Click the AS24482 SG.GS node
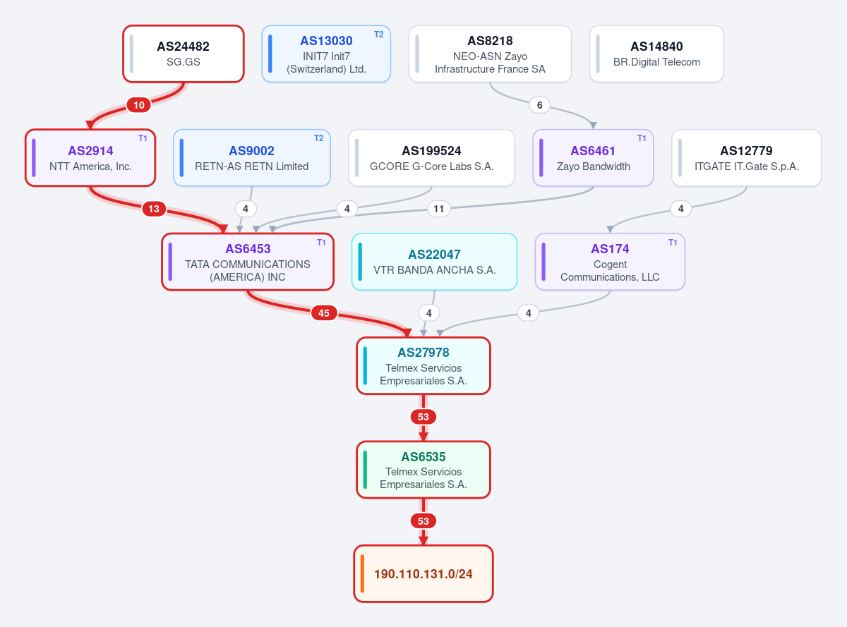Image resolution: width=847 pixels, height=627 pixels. click(x=184, y=54)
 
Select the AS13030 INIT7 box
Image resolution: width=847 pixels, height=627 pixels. click(x=326, y=54)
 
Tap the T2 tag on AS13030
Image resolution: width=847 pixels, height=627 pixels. click(x=378, y=35)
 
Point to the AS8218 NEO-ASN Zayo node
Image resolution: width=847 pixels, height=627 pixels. click(x=490, y=54)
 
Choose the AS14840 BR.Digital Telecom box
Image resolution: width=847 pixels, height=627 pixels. click(x=656, y=54)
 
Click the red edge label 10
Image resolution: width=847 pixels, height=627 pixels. click(x=138, y=105)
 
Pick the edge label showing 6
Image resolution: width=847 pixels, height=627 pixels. click(x=539, y=105)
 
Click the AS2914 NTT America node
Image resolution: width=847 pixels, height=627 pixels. click(x=90, y=158)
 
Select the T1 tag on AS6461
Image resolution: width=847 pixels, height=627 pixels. click(x=642, y=138)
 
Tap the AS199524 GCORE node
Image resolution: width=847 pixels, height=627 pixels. click(x=431, y=158)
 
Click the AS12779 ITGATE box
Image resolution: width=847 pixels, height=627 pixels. click(x=746, y=158)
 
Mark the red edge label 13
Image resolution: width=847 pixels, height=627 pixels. click(x=154, y=209)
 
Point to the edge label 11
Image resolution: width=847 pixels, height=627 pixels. click(x=439, y=209)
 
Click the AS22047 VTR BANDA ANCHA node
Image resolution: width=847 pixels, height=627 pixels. click(x=434, y=262)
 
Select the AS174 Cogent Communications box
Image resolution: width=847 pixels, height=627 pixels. click(x=610, y=262)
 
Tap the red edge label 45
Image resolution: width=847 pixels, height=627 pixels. click(x=324, y=313)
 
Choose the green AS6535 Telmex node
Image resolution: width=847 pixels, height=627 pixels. click(x=423, y=470)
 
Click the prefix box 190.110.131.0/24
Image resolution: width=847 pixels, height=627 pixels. click(x=423, y=573)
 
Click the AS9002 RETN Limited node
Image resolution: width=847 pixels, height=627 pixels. click(x=252, y=158)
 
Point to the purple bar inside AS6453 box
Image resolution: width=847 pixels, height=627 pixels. click(x=170, y=262)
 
